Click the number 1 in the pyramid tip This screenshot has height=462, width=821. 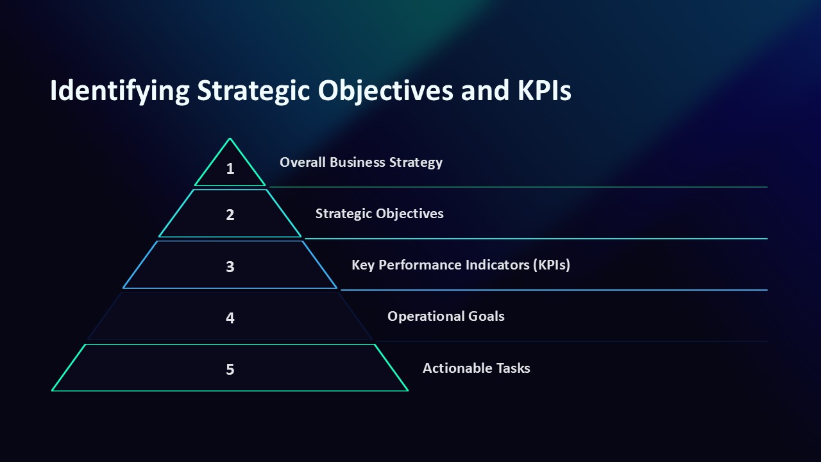tap(230, 169)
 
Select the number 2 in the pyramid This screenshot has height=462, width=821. tap(230, 215)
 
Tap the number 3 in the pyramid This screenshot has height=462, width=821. tap(230, 266)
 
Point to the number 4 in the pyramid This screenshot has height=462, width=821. tap(230, 318)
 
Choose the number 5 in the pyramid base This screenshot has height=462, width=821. tap(230, 369)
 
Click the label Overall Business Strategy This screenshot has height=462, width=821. tap(360, 162)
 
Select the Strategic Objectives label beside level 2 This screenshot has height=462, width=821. tap(379, 214)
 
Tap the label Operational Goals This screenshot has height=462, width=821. tap(446, 316)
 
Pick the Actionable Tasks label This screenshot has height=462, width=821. tap(476, 368)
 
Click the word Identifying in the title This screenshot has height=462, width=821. tap(119, 91)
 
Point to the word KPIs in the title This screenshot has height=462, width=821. tap(544, 91)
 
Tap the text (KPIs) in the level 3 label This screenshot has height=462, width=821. tap(551, 265)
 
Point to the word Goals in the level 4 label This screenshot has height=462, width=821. tap(486, 316)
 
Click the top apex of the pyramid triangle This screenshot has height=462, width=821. tap(230, 139)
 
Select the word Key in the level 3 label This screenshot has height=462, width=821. tap(363, 265)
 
